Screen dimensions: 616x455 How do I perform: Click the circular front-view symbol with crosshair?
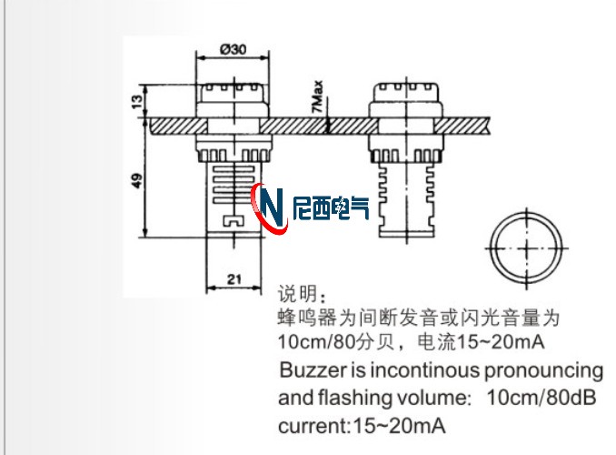(x=527, y=248)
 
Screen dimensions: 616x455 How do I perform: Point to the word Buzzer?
(x=311, y=370)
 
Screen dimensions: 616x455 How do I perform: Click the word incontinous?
(x=415, y=370)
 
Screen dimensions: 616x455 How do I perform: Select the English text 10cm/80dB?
(x=543, y=398)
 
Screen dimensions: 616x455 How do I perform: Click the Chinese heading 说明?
(x=299, y=295)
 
